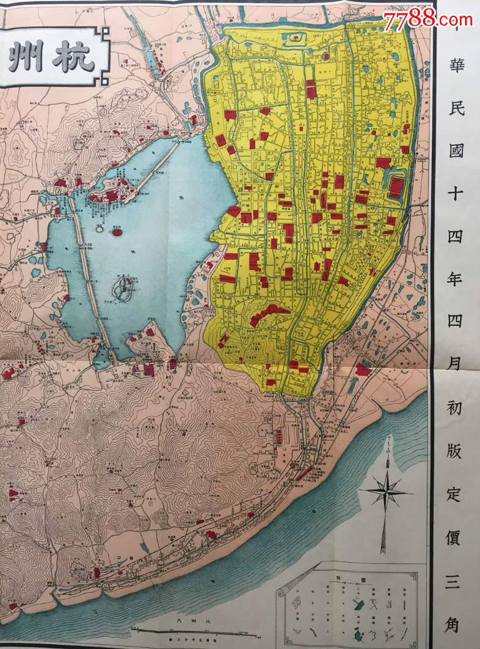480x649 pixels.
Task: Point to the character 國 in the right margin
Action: [456, 150]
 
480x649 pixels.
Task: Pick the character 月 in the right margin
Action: [456, 365]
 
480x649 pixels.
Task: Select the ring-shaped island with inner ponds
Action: [125, 287]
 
